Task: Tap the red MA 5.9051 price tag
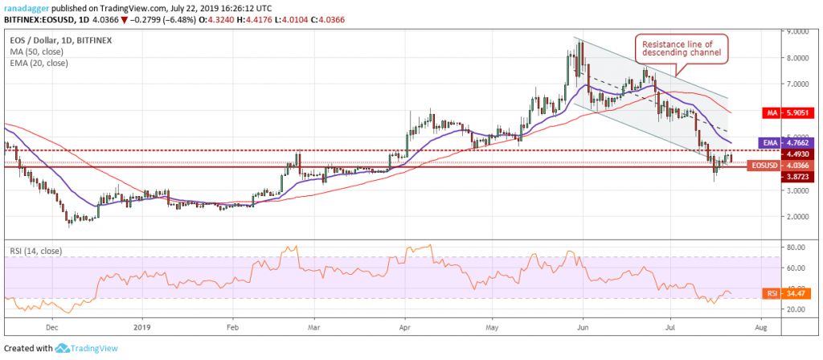797,113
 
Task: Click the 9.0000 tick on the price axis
797,32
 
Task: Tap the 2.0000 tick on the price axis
797,216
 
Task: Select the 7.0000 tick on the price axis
797,84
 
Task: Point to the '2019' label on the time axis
141,329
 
